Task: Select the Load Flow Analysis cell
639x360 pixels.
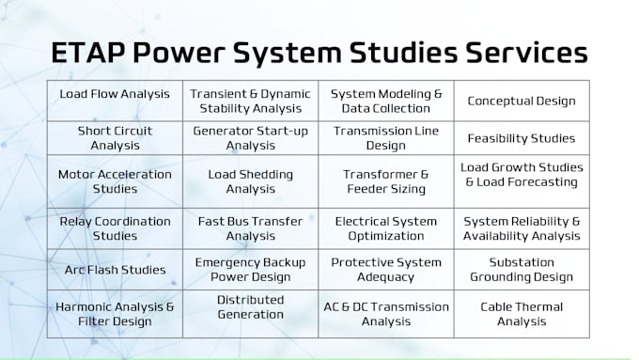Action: pyautogui.click(x=115, y=94)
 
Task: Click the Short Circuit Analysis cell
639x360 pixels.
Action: pyautogui.click(x=115, y=138)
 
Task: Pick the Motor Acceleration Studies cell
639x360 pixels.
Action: pyautogui.click(x=115, y=181)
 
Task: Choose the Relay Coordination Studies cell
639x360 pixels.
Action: pyautogui.click(x=115, y=228)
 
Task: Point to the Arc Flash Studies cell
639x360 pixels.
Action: pyautogui.click(x=115, y=270)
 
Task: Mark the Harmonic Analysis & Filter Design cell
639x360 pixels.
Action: pyautogui.click(x=115, y=314)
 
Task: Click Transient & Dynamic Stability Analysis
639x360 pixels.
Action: pyautogui.click(x=250, y=101)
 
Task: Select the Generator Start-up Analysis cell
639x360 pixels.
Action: pyautogui.click(x=250, y=138)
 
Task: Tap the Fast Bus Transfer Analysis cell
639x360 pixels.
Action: pyautogui.click(x=250, y=228)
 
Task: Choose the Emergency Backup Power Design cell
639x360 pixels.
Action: pyautogui.click(x=250, y=270)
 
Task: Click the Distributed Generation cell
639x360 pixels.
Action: pyautogui.click(x=250, y=306)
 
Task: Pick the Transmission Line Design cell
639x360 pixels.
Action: pyautogui.click(x=386, y=138)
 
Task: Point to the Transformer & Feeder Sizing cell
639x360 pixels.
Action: pyautogui.click(x=386, y=181)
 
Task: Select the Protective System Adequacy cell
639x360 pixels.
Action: pyautogui.click(x=386, y=270)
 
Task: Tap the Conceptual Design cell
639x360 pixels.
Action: pyautogui.click(x=522, y=101)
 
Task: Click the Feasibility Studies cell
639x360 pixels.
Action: pyautogui.click(x=522, y=138)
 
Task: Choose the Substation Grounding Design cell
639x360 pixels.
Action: pyautogui.click(x=522, y=270)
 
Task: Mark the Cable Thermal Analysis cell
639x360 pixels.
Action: pyautogui.click(x=522, y=314)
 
